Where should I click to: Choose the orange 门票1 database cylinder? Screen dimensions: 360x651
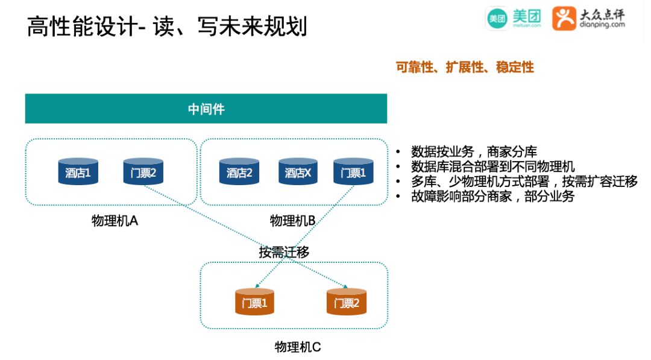[254, 302]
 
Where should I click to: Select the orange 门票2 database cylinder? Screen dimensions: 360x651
[347, 302]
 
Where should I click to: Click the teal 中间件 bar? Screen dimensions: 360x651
[206, 109]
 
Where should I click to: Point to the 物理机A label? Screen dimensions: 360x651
[115, 221]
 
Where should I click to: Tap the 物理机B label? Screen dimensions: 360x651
[293, 221]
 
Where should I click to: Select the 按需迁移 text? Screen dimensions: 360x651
[285, 252]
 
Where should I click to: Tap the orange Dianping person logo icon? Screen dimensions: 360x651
[564, 19]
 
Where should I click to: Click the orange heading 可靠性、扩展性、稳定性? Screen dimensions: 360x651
[465, 68]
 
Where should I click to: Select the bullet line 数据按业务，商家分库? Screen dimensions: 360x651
[474, 151]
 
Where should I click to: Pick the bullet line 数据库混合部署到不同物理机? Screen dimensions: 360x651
[492, 166]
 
